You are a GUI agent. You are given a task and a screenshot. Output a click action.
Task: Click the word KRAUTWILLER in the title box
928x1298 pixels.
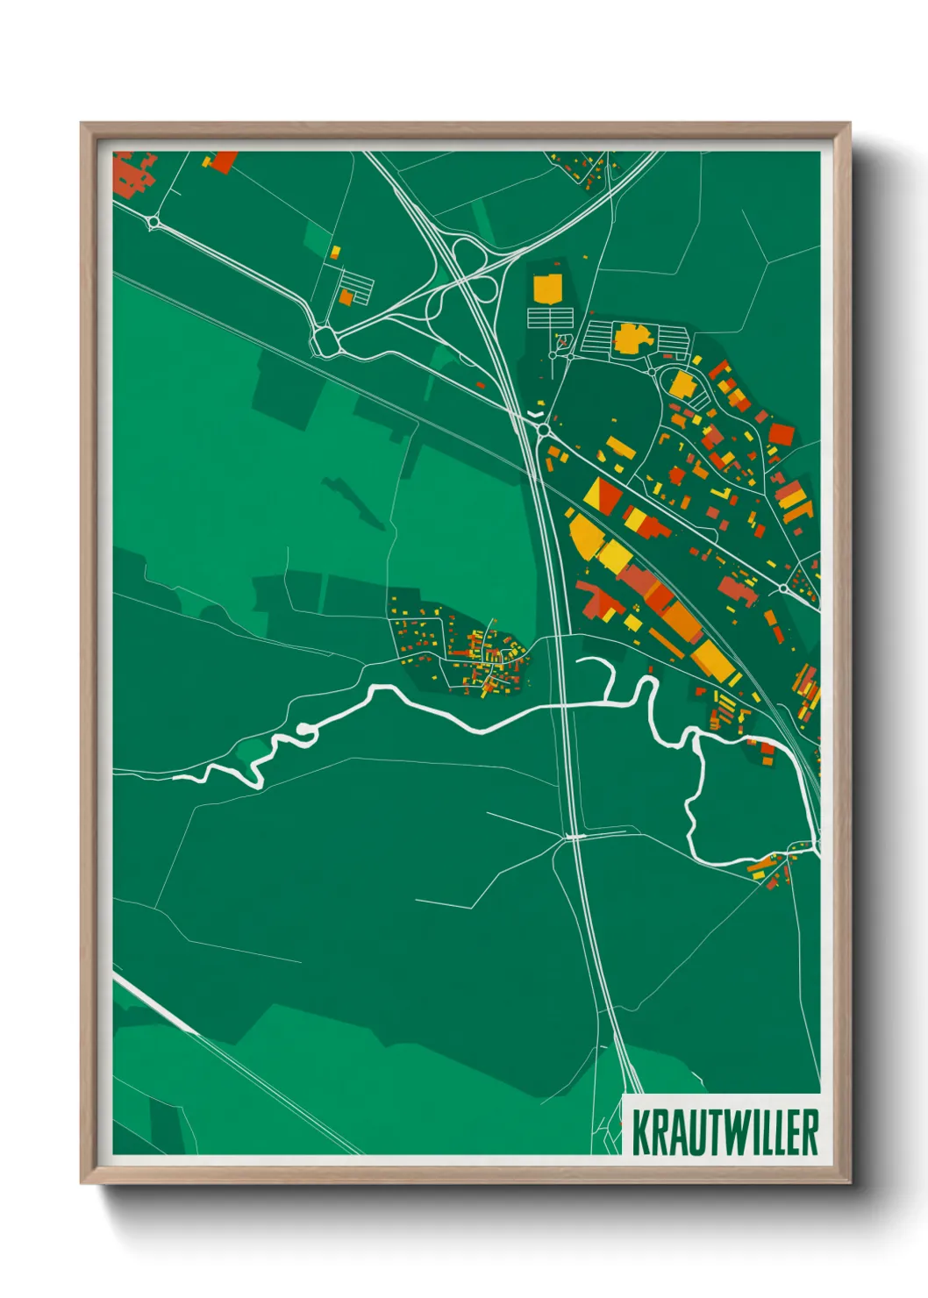(x=725, y=1132)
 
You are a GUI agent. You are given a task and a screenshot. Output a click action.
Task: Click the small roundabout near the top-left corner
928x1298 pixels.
(x=154, y=223)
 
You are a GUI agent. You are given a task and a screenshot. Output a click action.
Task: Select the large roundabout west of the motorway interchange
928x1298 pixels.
(x=325, y=341)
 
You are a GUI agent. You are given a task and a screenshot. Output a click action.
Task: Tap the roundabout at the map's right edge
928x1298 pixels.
(x=783, y=588)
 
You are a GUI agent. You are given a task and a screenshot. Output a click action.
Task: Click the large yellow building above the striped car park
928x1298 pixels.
(x=547, y=288)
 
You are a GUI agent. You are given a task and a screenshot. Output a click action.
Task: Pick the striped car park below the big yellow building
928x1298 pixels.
(x=550, y=317)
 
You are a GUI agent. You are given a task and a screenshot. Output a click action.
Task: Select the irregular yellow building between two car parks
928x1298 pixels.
(x=628, y=338)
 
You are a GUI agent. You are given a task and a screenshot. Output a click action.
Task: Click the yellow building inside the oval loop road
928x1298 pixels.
(x=681, y=384)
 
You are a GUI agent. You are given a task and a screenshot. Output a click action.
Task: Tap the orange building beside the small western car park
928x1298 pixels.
(x=346, y=297)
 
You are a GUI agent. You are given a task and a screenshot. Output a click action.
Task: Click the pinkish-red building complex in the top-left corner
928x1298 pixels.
(x=132, y=174)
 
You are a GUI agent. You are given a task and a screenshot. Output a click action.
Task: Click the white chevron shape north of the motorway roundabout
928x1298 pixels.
(x=535, y=410)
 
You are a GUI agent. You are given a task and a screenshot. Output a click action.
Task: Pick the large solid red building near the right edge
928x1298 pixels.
(x=781, y=434)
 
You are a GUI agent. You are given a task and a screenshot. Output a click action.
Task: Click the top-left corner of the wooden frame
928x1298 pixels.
(x=82, y=124)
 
